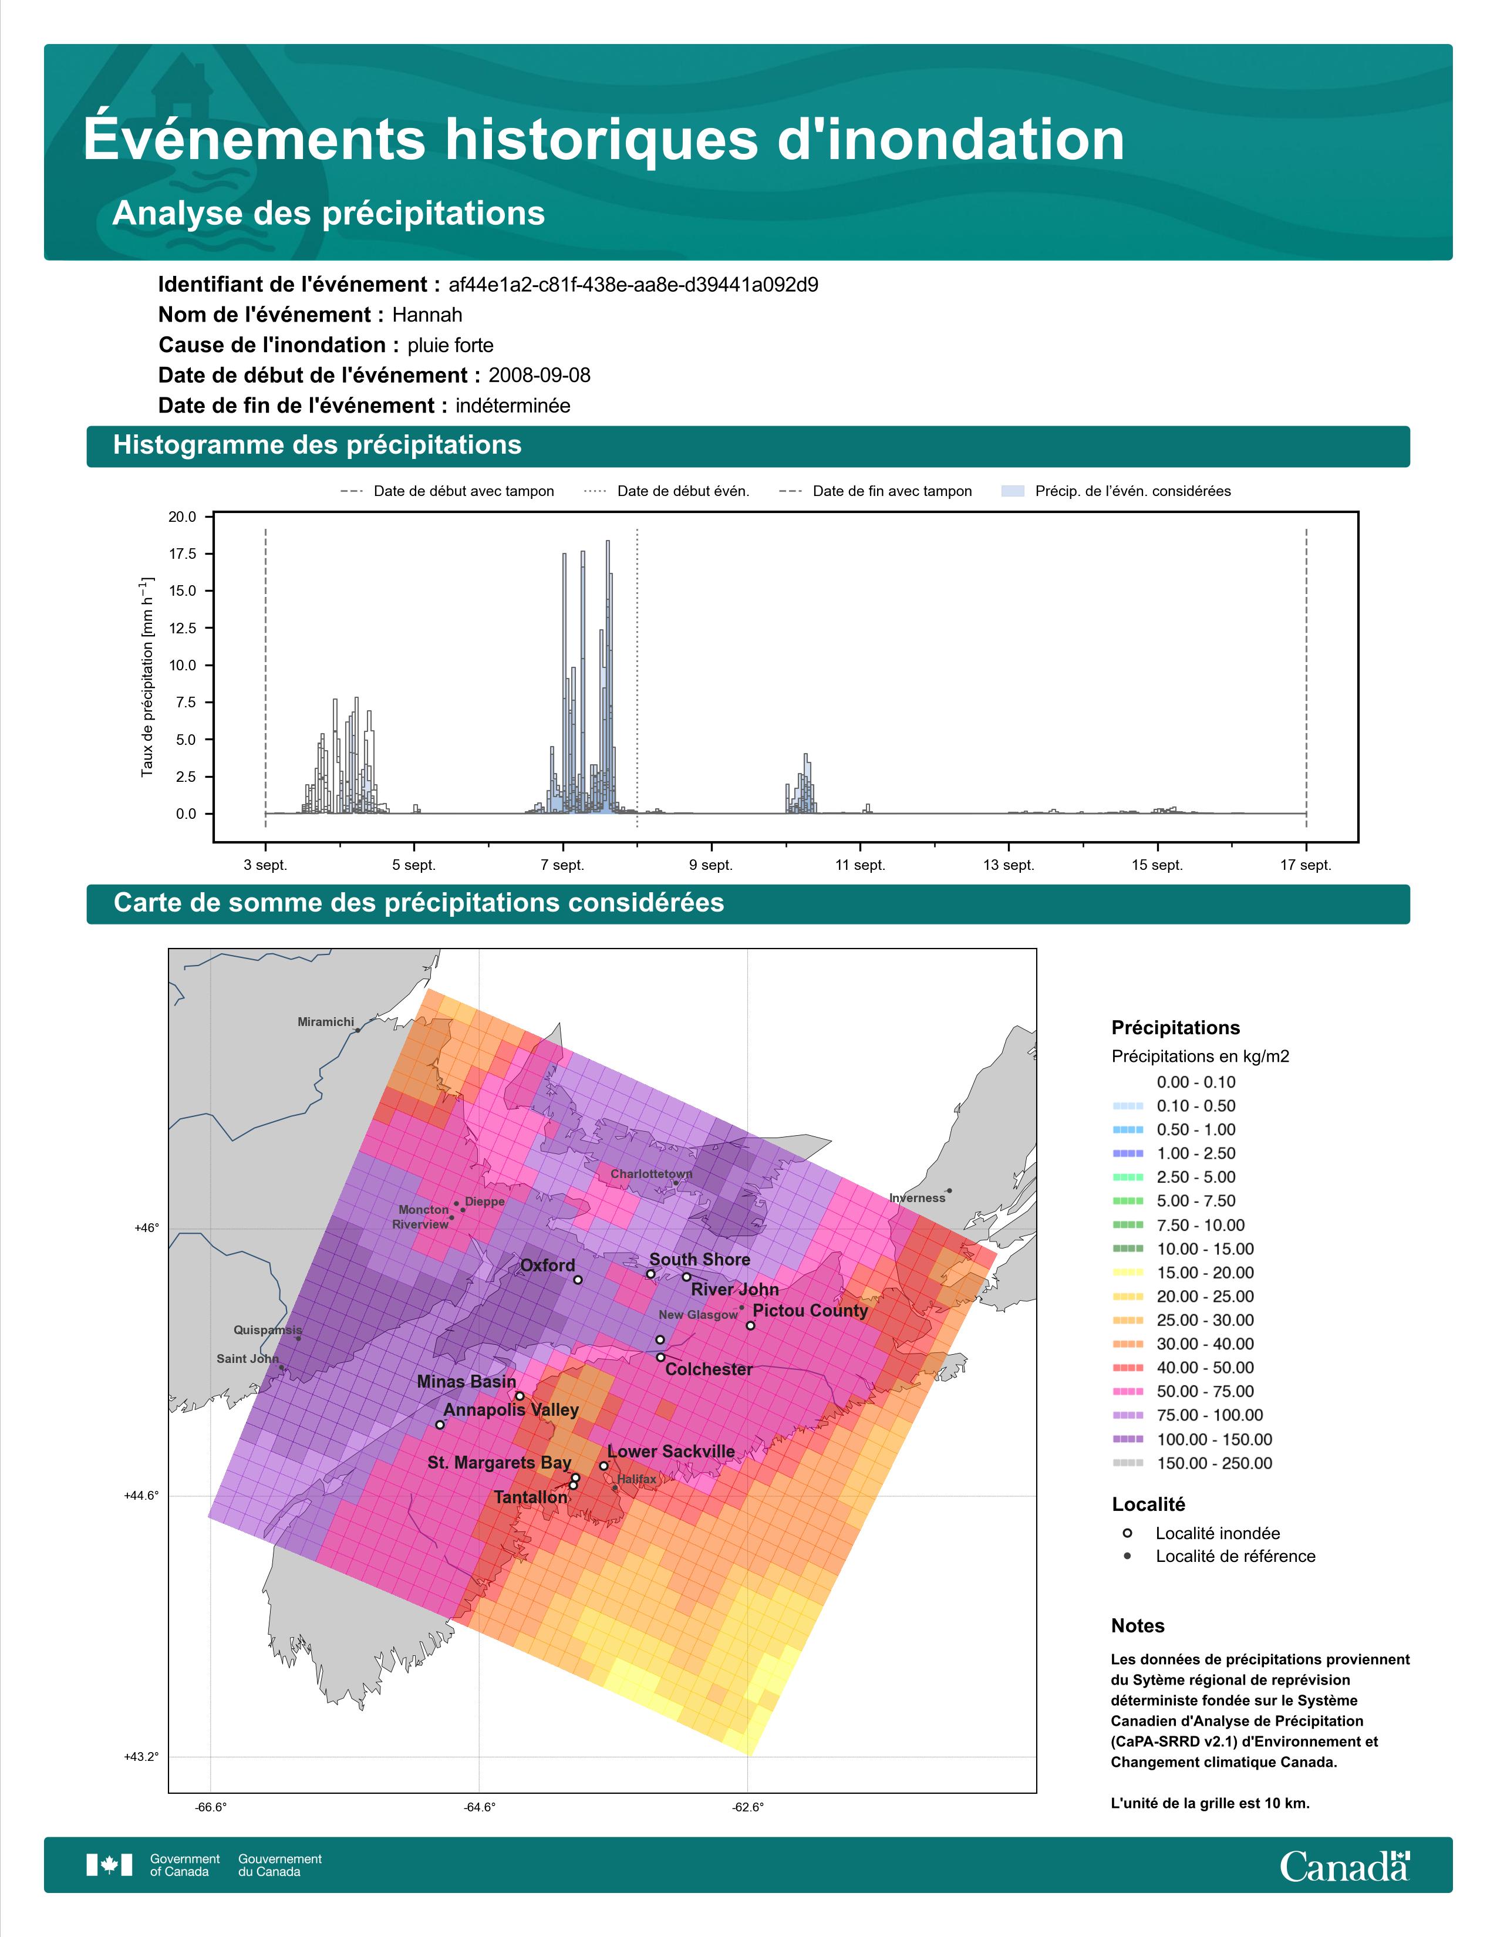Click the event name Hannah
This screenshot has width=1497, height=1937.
pos(427,315)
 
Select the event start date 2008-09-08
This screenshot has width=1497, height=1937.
pos(539,375)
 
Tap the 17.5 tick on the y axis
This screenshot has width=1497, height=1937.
pos(183,554)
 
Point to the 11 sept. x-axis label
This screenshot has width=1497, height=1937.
pos(859,865)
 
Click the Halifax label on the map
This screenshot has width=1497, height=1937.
pos(637,1479)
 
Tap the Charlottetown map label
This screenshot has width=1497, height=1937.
pos(652,1173)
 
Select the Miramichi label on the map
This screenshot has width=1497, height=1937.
pos(325,1022)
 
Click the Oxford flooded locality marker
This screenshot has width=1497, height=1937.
pos(577,1280)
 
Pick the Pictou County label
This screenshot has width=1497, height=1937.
pos(810,1310)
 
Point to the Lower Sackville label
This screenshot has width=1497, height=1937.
pos(672,1451)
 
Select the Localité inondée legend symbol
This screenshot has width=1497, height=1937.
pos(1127,1533)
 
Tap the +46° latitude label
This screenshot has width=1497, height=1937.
pos(146,1229)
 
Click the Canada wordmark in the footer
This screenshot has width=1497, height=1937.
pos(1344,1865)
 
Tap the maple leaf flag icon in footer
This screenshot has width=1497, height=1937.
pos(109,1865)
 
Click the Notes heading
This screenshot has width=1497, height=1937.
pos(1138,1626)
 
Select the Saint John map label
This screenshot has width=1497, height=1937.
pos(247,1359)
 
